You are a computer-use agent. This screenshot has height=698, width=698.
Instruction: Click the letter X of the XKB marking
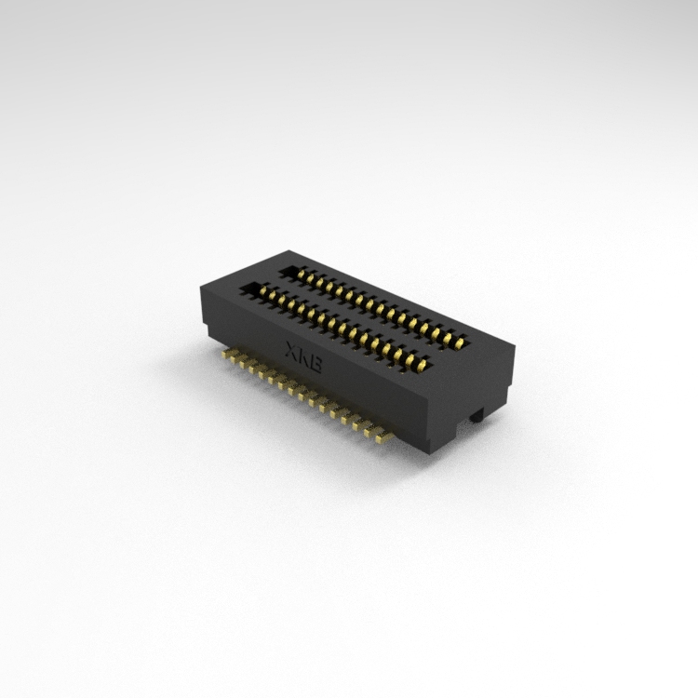(290, 348)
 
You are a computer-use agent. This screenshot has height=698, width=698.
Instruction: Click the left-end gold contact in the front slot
(262, 291)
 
